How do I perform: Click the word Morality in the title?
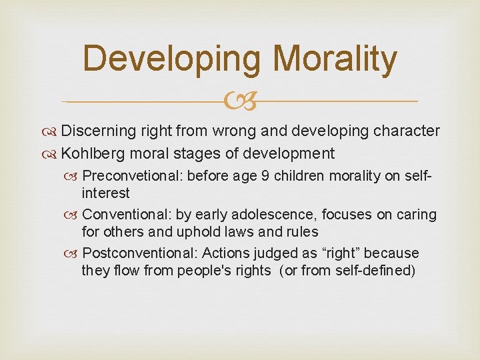(x=335, y=58)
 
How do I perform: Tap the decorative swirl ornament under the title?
(x=239, y=101)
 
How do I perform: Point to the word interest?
(x=105, y=193)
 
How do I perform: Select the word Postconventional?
(x=139, y=253)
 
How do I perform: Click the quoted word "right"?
(x=354, y=253)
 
